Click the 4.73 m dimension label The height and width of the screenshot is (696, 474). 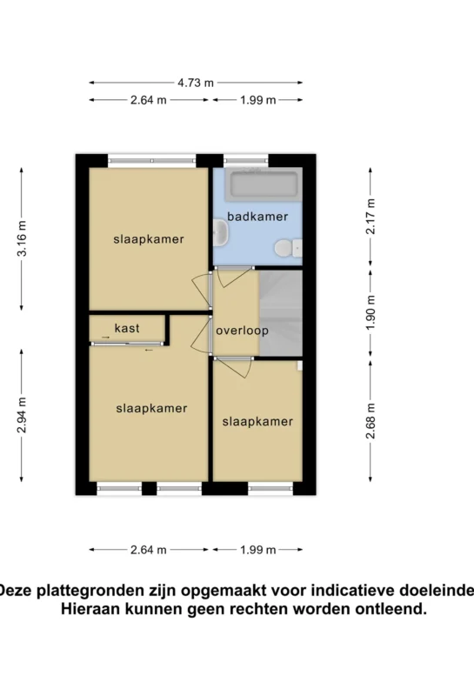(x=196, y=83)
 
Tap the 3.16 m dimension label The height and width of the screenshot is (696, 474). (x=21, y=238)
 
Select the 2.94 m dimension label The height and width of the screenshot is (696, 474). (x=21, y=416)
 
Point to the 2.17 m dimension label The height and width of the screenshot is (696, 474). (x=371, y=216)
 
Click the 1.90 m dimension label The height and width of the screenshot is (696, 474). (x=371, y=312)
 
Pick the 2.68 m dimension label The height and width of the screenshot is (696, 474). (x=371, y=421)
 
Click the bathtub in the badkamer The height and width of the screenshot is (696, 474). (x=264, y=184)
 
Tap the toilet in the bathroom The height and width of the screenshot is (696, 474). (x=288, y=248)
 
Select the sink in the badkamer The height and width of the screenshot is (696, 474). (x=221, y=234)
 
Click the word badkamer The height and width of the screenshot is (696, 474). (x=257, y=217)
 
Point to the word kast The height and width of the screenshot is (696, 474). (x=127, y=328)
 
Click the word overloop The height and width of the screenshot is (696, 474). (x=242, y=331)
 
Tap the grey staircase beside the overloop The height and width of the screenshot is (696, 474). (x=281, y=313)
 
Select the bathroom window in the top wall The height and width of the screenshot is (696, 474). (x=246, y=160)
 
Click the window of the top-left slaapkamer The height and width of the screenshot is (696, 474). (x=152, y=160)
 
